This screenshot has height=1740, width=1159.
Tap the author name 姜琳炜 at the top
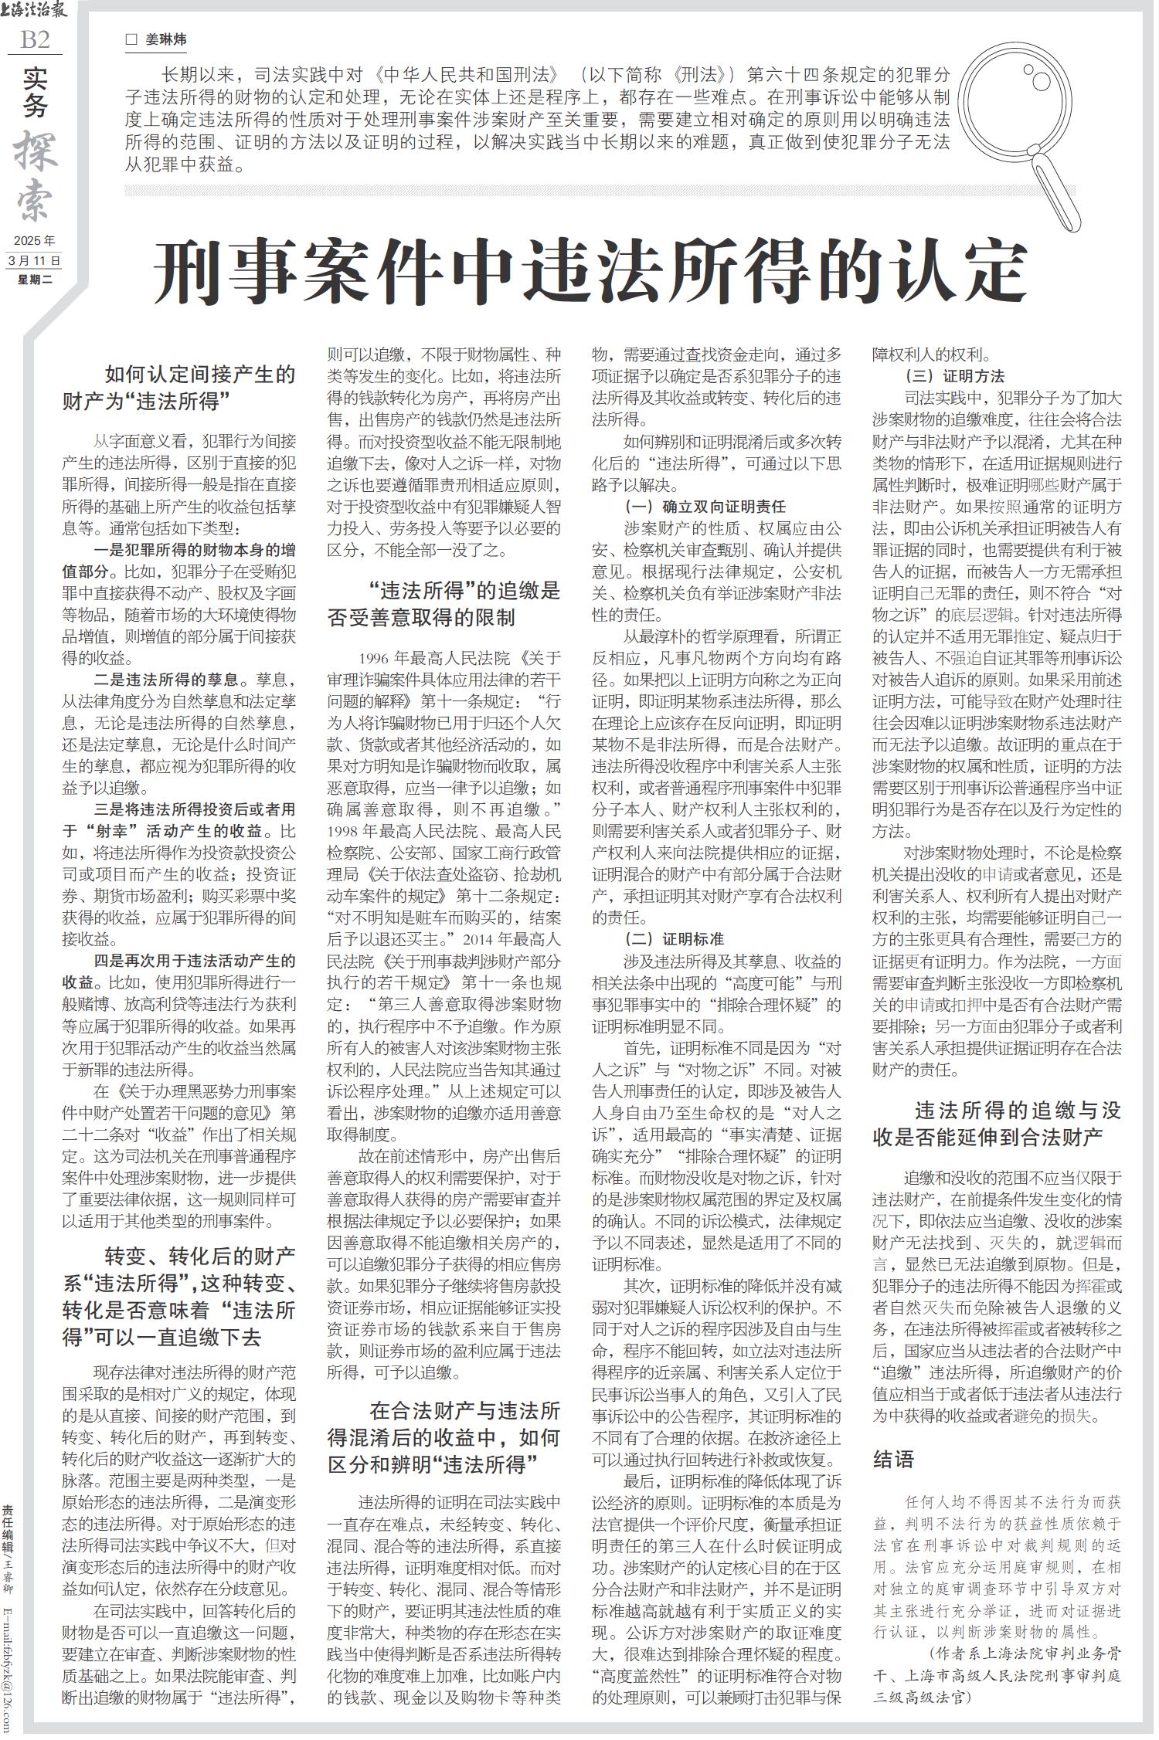coord(166,39)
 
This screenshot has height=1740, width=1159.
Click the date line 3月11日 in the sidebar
coord(35,260)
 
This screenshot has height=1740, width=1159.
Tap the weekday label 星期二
coord(35,280)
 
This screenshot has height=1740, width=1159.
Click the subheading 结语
coord(894,1458)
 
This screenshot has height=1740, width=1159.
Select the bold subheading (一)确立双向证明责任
coord(705,507)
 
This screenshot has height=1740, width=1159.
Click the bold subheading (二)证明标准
coord(674,939)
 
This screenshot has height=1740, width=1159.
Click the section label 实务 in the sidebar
coord(35,92)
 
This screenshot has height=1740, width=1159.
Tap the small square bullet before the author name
coord(131,39)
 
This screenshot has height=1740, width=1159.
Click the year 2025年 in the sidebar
coord(35,241)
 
